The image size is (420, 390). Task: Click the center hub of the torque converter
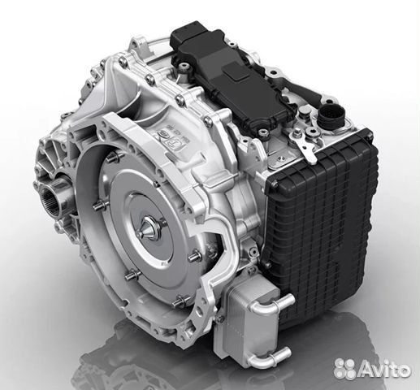coord(149,231)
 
